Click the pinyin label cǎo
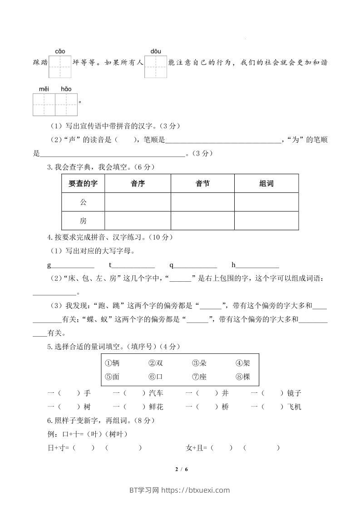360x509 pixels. tap(60, 52)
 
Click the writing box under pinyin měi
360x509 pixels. tap(44, 104)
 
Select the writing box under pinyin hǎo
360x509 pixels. tap(66, 104)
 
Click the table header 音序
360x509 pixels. tap(138, 183)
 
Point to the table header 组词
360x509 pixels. tap(266, 183)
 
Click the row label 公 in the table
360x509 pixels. tap(83, 202)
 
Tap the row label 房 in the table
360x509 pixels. tap(83, 221)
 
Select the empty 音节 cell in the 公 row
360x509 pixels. tap(202, 202)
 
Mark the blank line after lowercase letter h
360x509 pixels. tap(257, 266)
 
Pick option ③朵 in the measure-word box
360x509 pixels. tap(200, 363)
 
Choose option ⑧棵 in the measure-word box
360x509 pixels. tap(243, 377)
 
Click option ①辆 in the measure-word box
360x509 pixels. tap(112, 363)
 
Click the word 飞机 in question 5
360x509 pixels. tap(295, 407)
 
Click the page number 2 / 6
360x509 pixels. tap(181, 469)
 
